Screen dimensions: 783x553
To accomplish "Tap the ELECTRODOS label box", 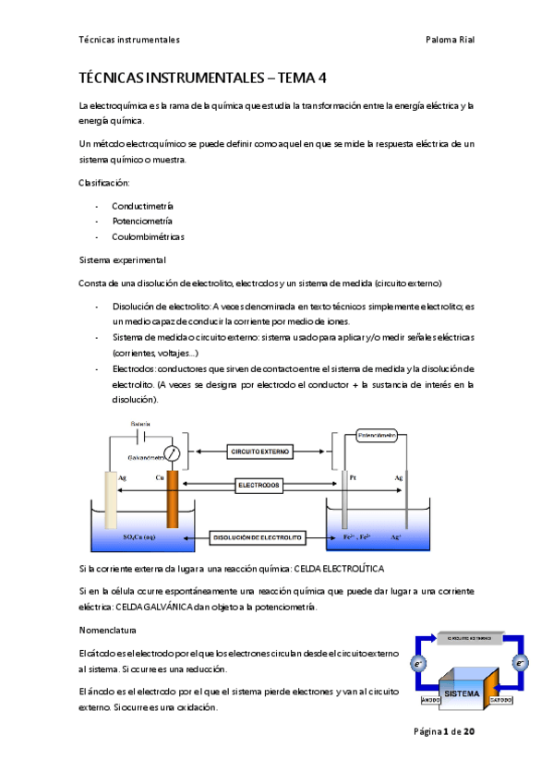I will coord(258,484).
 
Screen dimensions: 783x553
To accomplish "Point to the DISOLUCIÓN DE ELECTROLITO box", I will coord(258,536).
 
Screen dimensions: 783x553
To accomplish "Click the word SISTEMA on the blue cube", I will coord(462,692).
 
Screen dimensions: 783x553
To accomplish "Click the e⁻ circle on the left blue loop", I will coord(418,663).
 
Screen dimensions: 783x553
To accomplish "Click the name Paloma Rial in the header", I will coord(450,40).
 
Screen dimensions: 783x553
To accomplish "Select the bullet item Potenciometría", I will coord(141,221).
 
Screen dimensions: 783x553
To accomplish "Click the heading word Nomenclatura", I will coord(107,630).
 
